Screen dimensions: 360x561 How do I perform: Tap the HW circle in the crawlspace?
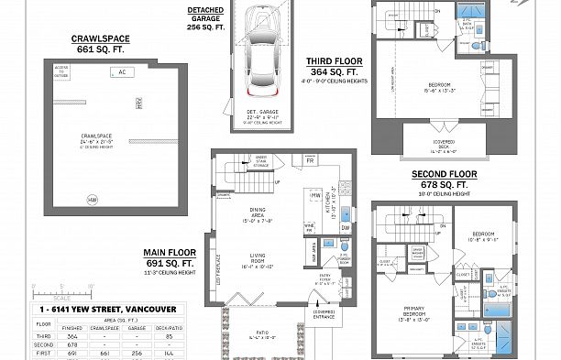[92, 199]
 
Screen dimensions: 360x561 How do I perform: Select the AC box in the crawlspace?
[121, 71]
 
